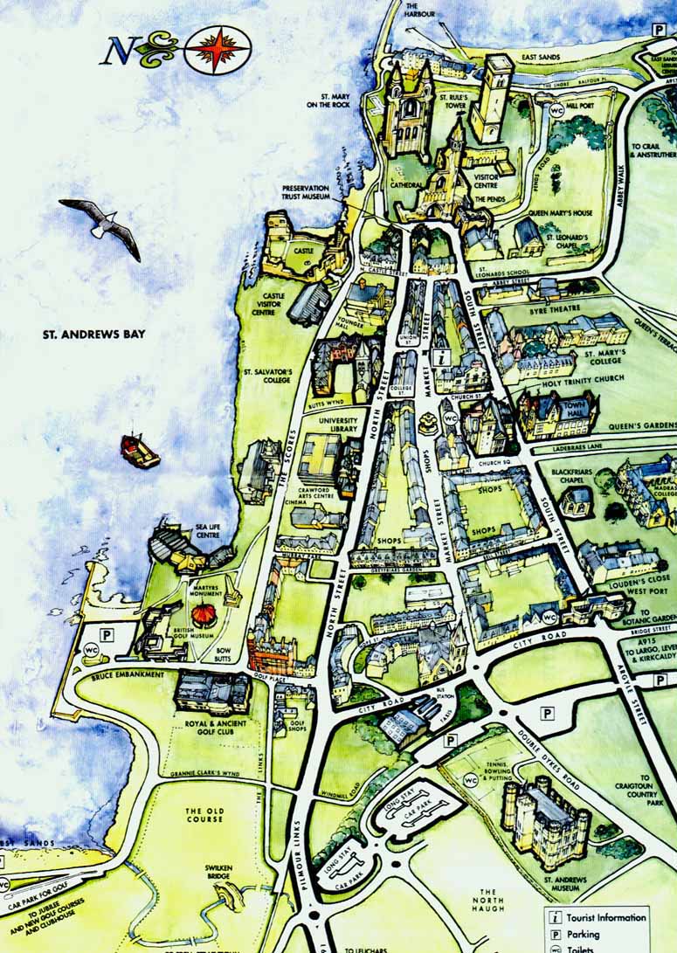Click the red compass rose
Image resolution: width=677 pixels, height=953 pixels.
click(x=218, y=49)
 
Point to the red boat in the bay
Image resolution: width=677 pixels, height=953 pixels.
click(x=140, y=450)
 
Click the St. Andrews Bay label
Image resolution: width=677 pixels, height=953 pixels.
click(x=93, y=334)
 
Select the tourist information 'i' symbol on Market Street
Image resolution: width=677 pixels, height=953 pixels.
click(x=442, y=356)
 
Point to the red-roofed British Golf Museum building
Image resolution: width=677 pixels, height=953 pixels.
click(x=207, y=617)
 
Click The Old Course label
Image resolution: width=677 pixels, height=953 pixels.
click(x=205, y=816)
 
